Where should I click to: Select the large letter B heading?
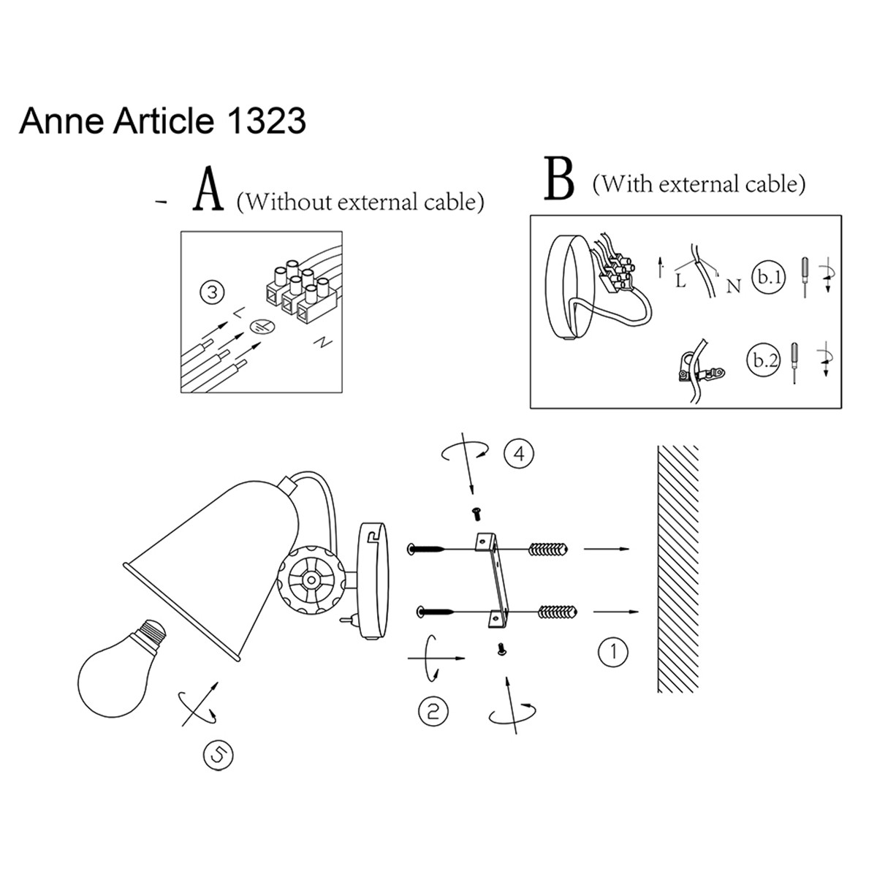click(x=559, y=180)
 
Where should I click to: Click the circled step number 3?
click(x=212, y=294)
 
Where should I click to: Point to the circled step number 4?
click(x=519, y=454)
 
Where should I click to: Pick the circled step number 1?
click(x=612, y=650)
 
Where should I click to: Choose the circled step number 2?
click(x=433, y=710)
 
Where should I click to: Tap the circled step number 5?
click(x=217, y=755)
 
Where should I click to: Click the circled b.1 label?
click(x=768, y=278)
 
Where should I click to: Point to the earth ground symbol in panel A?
click(x=259, y=328)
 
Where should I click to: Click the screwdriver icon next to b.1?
click(x=805, y=276)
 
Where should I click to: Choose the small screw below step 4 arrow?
click(x=478, y=515)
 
